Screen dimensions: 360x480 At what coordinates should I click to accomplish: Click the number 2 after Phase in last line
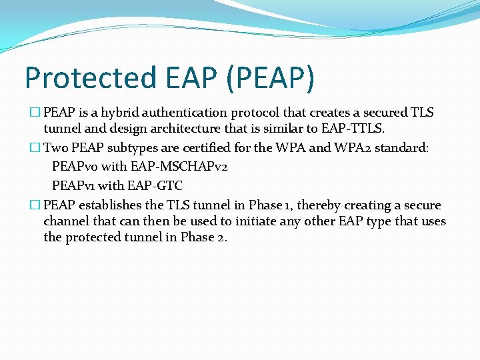point(221,238)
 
